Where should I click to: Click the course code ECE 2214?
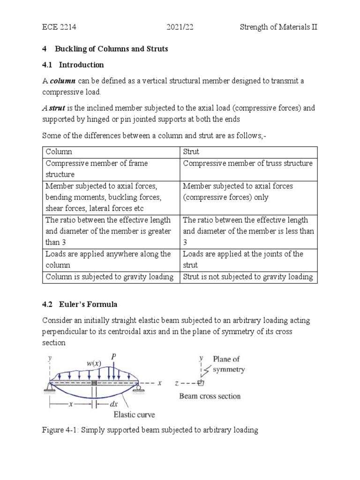(x=59, y=27)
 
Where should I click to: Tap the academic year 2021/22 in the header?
(x=180, y=27)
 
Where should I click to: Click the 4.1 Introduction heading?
(x=73, y=65)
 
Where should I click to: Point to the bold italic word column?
(x=63, y=81)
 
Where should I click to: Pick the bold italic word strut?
(x=56, y=108)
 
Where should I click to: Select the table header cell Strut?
(x=192, y=152)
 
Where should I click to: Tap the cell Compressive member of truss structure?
(x=247, y=164)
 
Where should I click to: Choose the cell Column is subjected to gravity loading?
(x=110, y=277)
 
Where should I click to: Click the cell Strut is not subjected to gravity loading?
(x=247, y=277)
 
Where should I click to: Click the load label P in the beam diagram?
(x=113, y=357)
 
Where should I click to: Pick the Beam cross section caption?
(x=210, y=396)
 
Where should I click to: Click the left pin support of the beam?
(x=49, y=386)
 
